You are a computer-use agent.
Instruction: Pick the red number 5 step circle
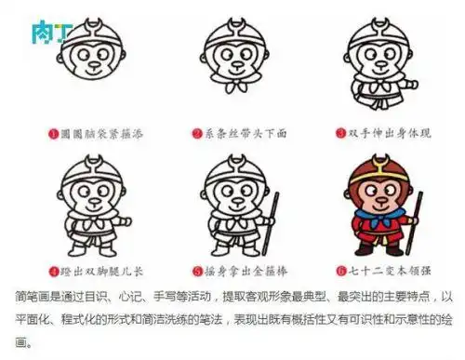coord(197,272)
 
